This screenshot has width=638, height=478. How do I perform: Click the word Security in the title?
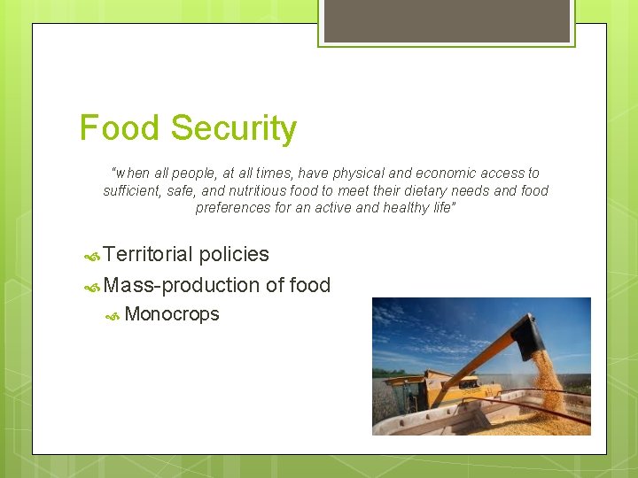(234, 129)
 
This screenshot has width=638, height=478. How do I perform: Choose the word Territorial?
(148, 255)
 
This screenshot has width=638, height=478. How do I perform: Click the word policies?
(234, 255)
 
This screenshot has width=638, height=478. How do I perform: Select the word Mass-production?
(182, 285)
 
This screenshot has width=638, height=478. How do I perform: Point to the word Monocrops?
(172, 314)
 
